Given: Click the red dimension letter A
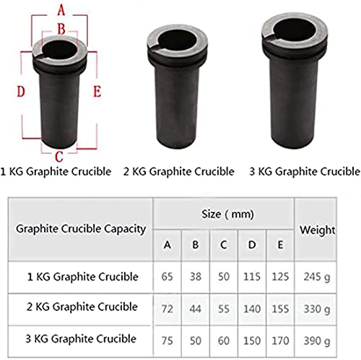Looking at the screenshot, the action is [x=61, y=11].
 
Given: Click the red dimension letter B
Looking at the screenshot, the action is [x=61, y=29].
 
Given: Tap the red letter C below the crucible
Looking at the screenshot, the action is [x=59, y=157].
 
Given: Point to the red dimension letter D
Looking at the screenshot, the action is [x=21, y=92].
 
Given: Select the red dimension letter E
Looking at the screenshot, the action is [x=97, y=92].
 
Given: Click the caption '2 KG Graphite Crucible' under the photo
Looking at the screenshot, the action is [x=179, y=171].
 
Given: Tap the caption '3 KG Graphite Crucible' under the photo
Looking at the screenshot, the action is [x=305, y=171].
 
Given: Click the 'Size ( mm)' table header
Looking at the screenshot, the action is [x=227, y=214].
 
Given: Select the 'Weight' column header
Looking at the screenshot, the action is [x=317, y=230].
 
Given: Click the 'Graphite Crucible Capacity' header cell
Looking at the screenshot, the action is [x=81, y=228].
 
